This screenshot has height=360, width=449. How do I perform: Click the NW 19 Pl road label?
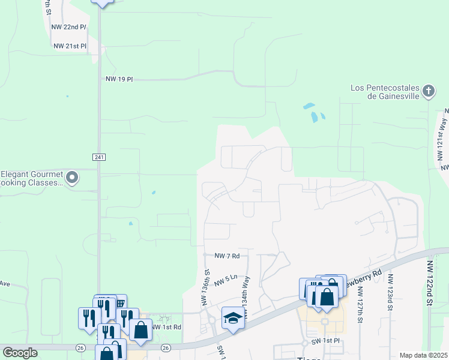[119, 79]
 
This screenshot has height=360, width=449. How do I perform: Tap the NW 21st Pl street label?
[70, 46]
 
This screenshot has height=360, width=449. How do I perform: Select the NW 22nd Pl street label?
[70, 27]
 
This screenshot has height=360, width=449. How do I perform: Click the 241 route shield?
[99, 157]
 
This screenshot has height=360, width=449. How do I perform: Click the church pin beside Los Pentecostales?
[428, 91]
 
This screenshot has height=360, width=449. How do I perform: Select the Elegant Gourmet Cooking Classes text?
[31, 178]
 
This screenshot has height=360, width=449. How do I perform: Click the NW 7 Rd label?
[227, 256]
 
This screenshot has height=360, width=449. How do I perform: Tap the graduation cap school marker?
[232, 317]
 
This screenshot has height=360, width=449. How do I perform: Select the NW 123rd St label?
[391, 293]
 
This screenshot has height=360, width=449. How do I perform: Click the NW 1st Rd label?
[167, 327]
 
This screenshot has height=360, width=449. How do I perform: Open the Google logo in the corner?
[20, 353]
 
